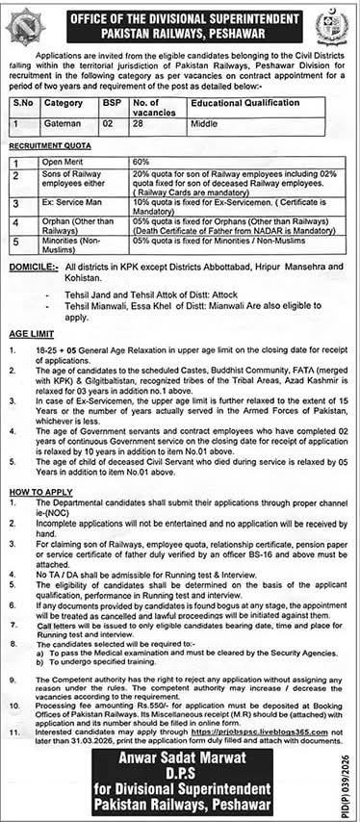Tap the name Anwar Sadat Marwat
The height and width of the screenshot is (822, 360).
tap(179, 759)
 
